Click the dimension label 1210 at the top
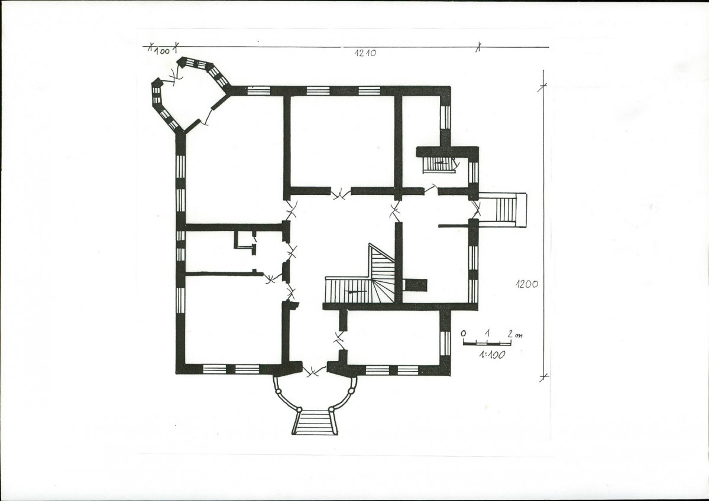tap(365, 53)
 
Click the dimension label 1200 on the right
tap(527, 284)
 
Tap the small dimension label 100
tap(161, 51)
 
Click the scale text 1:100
tap(492, 354)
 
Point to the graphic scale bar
tap(487, 343)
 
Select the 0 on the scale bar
tap(464, 333)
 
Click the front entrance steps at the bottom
tap(315, 422)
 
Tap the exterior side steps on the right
tap(503, 210)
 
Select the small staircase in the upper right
tap(439, 164)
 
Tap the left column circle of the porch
tap(278, 392)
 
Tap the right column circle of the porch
tap(351, 391)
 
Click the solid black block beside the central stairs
tap(415, 285)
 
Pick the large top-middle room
tap(342, 141)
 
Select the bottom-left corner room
tap(234, 319)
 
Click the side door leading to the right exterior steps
tap(475, 209)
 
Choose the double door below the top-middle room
tap(341, 194)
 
